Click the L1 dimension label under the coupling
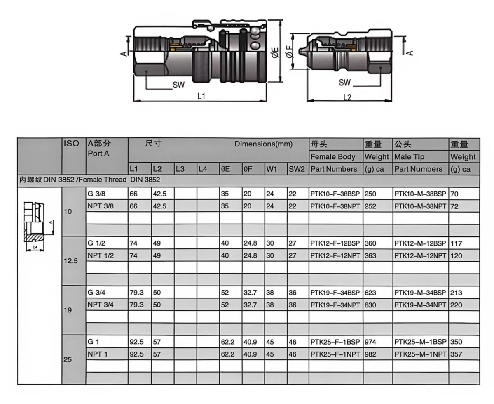click(201, 96)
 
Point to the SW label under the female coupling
click(178, 85)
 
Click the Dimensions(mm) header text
click(263, 144)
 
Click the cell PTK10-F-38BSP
click(335, 194)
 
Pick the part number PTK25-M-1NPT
click(420, 354)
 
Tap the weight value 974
click(370, 342)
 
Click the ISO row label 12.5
click(70, 261)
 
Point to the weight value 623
click(370, 293)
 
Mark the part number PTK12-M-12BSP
click(420, 243)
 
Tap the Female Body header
click(334, 157)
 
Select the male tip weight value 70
click(455, 194)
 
